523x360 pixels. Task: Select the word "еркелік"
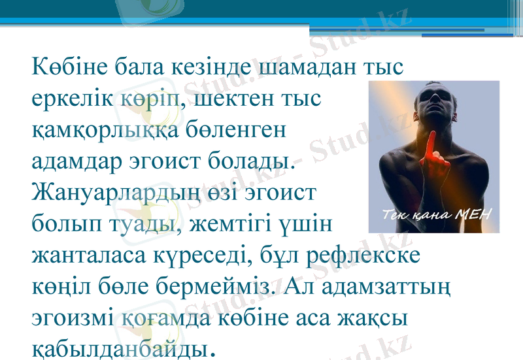pyautogui.click(x=73, y=99)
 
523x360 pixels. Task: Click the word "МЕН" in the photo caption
pyautogui.click(x=473, y=214)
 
